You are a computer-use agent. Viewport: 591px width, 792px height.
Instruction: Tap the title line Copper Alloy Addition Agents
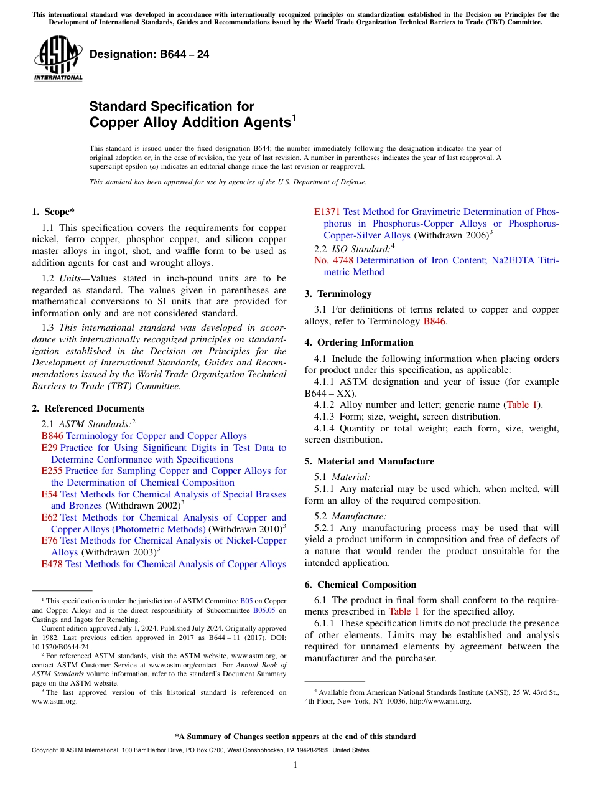click(x=190, y=123)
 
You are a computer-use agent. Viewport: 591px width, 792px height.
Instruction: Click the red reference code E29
click(x=49, y=448)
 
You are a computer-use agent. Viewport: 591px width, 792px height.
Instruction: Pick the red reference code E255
click(x=52, y=471)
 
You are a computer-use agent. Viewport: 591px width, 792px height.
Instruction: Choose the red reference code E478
click(x=52, y=564)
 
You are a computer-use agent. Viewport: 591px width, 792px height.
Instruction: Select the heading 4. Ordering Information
click(x=359, y=342)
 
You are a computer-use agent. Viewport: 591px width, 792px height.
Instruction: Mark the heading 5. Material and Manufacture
click(x=370, y=461)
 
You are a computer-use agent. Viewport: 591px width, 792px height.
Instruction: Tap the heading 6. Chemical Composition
click(x=360, y=585)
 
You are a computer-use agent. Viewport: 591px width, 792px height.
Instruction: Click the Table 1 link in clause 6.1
click(x=399, y=611)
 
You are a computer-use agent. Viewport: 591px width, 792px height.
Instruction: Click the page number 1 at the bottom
click(x=295, y=765)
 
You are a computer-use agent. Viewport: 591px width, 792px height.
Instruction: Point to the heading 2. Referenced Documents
click(x=88, y=408)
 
